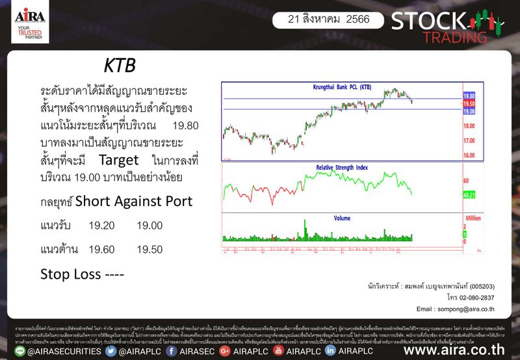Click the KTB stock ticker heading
point(120,67)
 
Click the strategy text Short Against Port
point(134,201)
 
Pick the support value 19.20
point(101,225)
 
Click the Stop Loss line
point(82,273)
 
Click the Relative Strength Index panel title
point(342,167)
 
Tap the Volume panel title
point(342,218)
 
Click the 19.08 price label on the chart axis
point(469,111)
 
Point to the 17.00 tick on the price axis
point(469,141)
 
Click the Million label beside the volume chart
point(473,219)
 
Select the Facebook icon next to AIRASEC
point(174,351)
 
